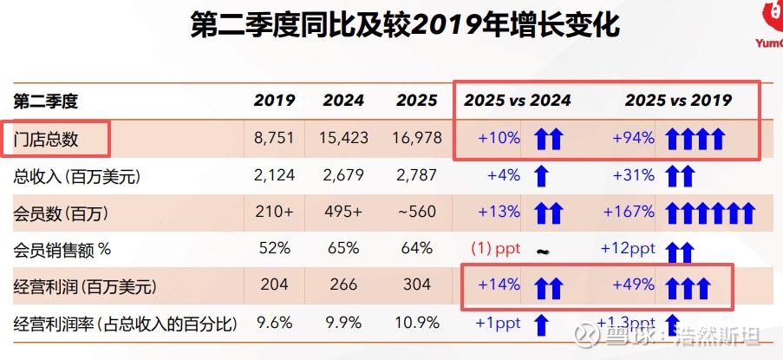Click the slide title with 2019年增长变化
tap(405, 25)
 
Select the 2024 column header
tap(343, 101)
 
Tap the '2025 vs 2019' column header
tap(678, 101)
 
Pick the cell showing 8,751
tap(275, 138)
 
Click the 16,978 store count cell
tap(416, 138)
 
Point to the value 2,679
tap(343, 175)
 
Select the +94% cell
tap(633, 138)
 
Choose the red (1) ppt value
tap(495, 249)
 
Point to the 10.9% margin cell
tap(416, 324)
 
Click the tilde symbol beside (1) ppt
tap(542, 252)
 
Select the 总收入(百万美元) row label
tap(77, 175)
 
